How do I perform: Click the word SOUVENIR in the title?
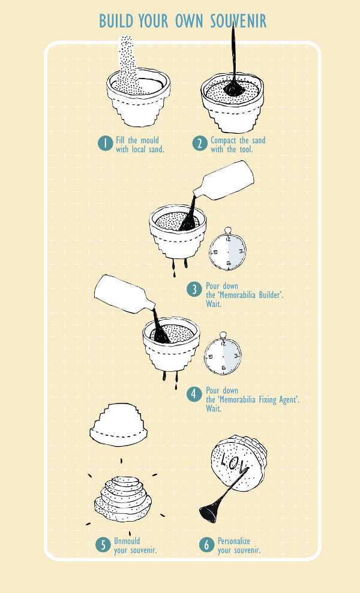(238, 21)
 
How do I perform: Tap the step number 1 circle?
(106, 144)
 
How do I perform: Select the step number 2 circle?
(199, 144)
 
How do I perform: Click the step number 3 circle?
(194, 290)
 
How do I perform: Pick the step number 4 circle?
(194, 394)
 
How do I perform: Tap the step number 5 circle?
(103, 545)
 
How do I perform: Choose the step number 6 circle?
(206, 544)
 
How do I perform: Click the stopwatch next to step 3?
(227, 249)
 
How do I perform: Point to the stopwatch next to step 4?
(223, 354)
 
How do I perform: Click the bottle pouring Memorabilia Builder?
(223, 181)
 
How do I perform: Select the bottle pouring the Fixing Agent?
(125, 295)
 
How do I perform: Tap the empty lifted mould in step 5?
(118, 425)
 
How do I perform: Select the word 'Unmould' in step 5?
(127, 541)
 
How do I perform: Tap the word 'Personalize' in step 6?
(233, 541)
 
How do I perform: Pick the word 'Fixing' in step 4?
(267, 400)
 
